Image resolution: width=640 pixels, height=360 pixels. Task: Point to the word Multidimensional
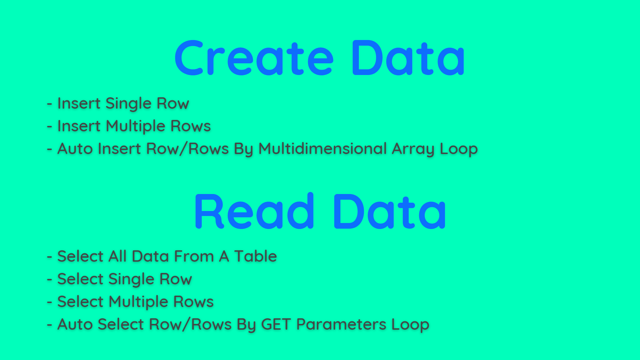[322, 149]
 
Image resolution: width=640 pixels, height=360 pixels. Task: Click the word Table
[255, 256]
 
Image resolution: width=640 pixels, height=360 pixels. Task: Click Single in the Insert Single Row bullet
[128, 104]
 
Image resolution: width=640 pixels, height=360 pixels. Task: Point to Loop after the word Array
[459, 149]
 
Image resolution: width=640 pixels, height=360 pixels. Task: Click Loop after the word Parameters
[410, 325]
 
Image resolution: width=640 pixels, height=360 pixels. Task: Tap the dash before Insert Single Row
[50, 104]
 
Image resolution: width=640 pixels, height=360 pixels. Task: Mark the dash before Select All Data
[50, 257]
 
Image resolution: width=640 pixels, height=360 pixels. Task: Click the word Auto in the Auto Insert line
[75, 149]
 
